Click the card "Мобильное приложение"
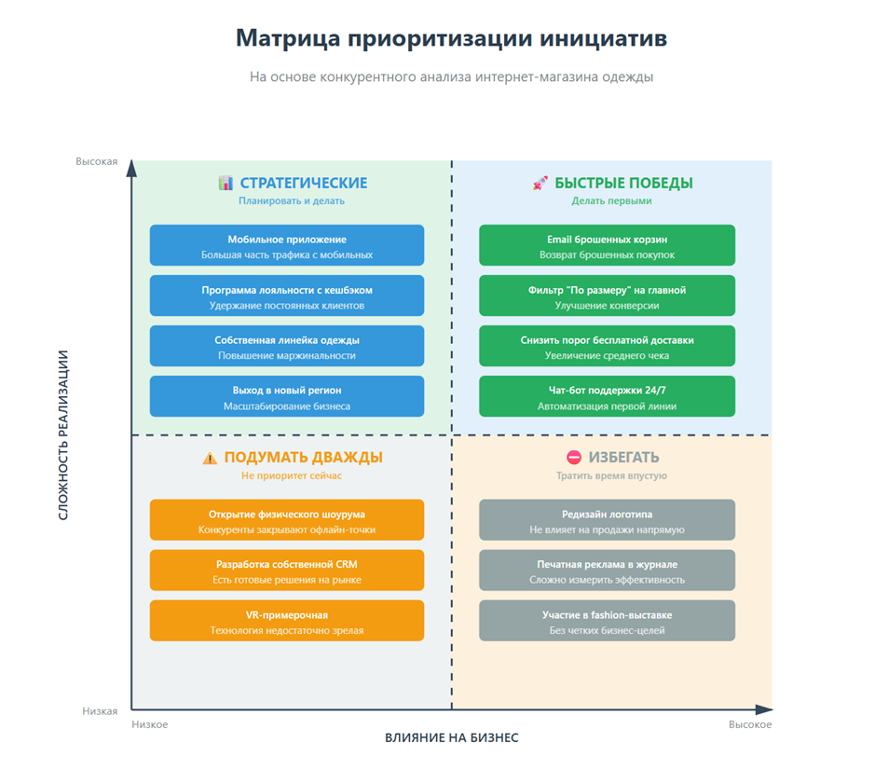pos(287,245)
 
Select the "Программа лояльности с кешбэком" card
pos(287,296)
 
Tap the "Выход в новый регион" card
pos(287,396)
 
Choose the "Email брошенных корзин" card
pos(607,245)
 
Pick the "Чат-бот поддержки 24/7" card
pos(607,396)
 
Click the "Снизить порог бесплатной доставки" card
pos(607,346)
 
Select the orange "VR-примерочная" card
pos(287,621)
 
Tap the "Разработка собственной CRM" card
pos(287,571)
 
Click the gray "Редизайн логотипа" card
pos(607,520)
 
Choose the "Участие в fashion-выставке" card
pos(607,621)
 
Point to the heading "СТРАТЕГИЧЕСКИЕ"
pos(304,183)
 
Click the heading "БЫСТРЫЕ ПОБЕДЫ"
pos(623,183)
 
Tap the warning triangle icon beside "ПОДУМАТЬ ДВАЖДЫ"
pos(211,458)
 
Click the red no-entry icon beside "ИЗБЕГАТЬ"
pos(574,458)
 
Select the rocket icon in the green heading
pos(540,183)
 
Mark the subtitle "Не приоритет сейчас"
pos(292,475)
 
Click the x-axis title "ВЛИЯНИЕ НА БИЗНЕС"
pos(452,737)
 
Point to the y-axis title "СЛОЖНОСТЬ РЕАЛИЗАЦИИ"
pos(64,434)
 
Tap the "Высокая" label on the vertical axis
pos(97,161)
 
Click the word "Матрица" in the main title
pos(287,38)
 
